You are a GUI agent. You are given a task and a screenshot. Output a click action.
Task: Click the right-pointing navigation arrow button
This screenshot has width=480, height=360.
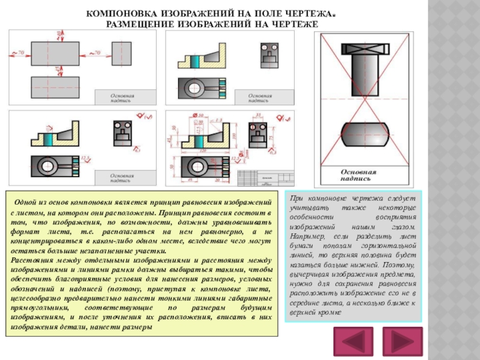403,343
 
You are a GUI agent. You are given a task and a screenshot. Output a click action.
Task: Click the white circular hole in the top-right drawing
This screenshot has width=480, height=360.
196,88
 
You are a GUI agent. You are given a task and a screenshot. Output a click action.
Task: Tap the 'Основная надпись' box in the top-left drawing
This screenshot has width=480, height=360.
122,98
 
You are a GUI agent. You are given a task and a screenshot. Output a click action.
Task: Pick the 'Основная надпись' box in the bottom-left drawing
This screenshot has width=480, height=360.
122,178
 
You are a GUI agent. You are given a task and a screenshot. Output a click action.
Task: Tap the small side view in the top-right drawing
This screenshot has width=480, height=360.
269,56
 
